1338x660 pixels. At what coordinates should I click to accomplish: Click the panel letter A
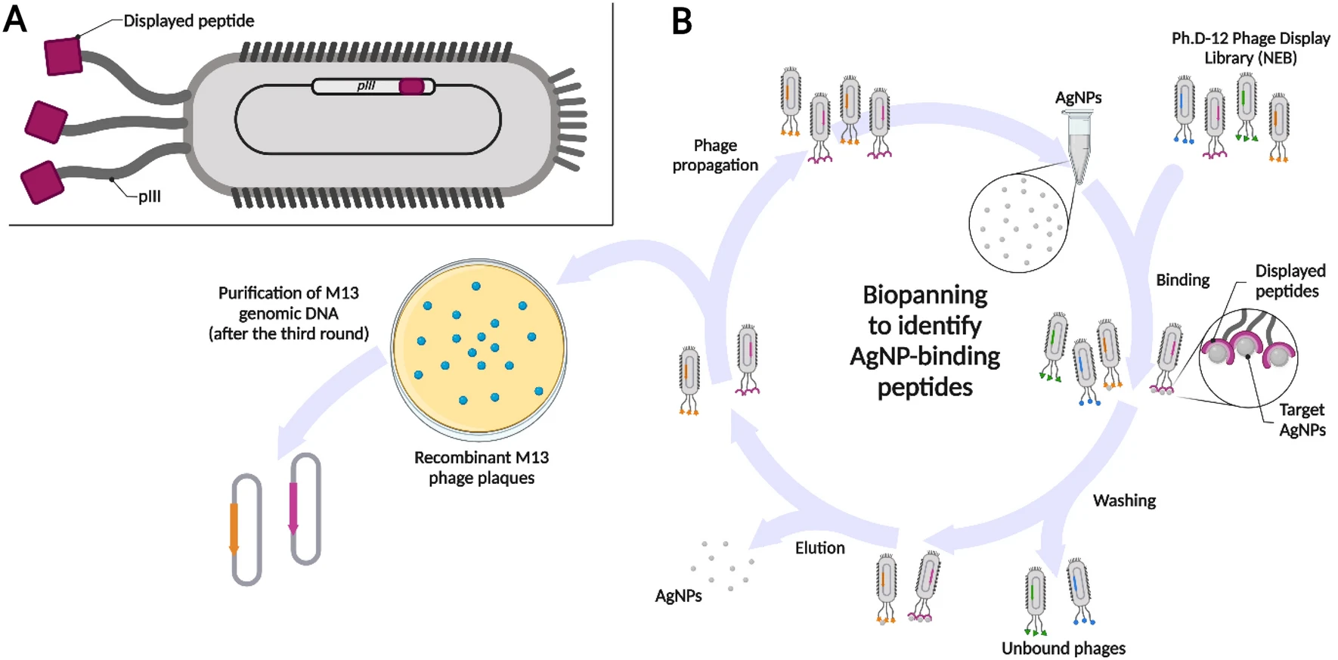(x=15, y=19)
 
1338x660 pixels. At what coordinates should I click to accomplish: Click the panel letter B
(x=682, y=21)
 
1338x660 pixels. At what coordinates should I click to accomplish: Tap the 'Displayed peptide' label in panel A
(x=188, y=21)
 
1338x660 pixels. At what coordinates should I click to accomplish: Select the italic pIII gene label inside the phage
(x=366, y=86)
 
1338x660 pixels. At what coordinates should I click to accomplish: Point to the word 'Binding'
(x=1182, y=280)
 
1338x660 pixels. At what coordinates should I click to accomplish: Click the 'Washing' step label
(x=1124, y=500)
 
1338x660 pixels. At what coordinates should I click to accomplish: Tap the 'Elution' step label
(x=819, y=548)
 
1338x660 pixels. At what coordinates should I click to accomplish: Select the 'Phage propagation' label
(x=715, y=155)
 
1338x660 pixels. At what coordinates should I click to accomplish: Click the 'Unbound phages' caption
(x=1063, y=648)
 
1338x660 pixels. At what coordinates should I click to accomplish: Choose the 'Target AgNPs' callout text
(x=1302, y=420)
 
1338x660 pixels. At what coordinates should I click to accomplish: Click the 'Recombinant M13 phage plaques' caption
(x=482, y=467)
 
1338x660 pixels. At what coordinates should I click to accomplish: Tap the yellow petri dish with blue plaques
(x=479, y=350)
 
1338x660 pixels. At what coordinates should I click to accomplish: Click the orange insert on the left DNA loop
(x=234, y=527)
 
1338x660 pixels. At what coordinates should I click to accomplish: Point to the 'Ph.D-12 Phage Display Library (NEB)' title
(x=1250, y=48)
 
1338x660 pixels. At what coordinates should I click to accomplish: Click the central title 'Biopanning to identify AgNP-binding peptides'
(x=925, y=341)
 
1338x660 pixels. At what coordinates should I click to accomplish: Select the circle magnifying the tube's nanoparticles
(x=1018, y=222)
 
